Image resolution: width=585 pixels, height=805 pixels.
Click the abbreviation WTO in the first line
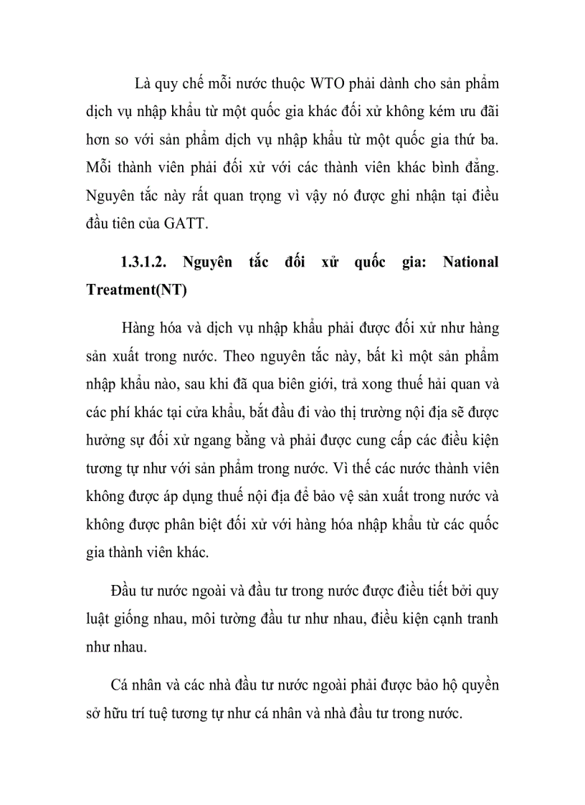pos(328,84)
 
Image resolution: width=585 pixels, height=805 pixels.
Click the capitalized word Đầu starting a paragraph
pos(126,591)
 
